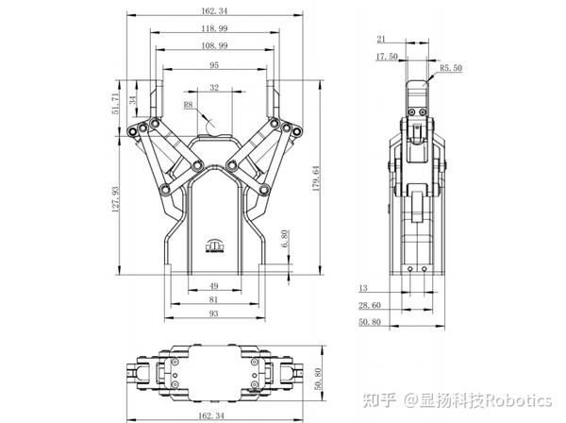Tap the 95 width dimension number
pos(214,66)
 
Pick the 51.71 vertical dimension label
pos(116,104)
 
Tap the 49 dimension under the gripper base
pos(214,286)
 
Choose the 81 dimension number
pos(214,300)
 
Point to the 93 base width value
pos(214,313)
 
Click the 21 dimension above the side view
pos(382,40)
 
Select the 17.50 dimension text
pos(387,57)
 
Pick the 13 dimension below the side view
pos(364,288)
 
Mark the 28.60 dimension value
pos(370,306)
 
